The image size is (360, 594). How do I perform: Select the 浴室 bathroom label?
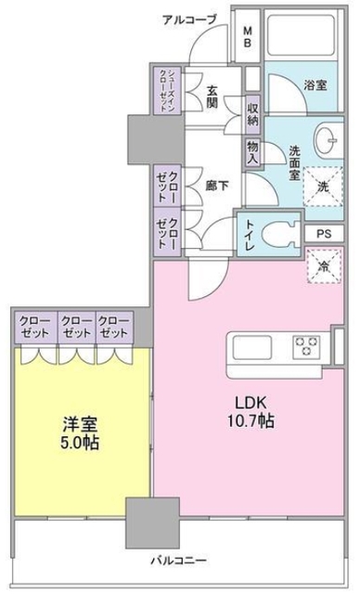tap(314, 84)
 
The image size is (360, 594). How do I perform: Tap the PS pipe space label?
tap(324, 234)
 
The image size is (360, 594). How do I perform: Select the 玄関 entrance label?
tap(212, 97)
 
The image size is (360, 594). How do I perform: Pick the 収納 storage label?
tap(253, 115)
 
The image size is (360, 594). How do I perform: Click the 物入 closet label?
tap(251, 152)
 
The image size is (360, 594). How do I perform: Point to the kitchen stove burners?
tap(307, 348)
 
